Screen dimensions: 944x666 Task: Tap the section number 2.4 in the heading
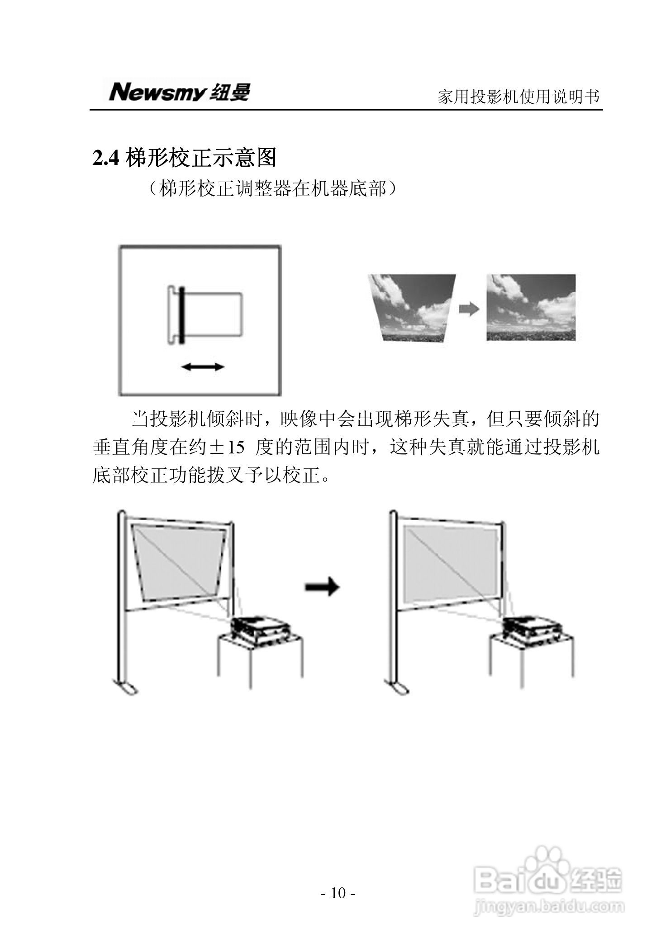(x=106, y=159)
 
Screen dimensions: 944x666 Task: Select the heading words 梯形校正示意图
(x=200, y=158)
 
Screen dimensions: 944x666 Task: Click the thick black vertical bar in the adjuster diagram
(x=181, y=315)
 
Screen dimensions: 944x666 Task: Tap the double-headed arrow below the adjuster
(x=202, y=367)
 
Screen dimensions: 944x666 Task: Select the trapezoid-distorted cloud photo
(x=412, y=307)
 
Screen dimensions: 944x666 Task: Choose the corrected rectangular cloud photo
(x=531, y=307)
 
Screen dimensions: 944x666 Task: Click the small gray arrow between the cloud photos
(x=469, y=309)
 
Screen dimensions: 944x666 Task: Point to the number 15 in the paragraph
(x=235, y=448)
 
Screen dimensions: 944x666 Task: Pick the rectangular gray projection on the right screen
(x=450, y=564)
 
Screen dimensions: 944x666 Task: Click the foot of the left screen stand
(x=126, y=689)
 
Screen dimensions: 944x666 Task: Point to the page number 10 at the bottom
(x=338, y=893)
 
